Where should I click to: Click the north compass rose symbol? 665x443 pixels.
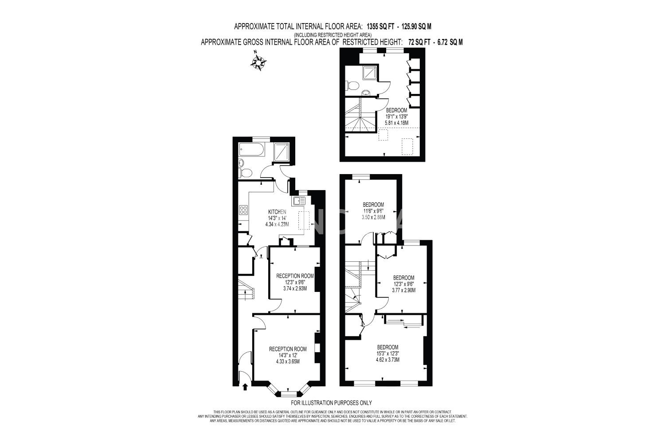coord(258,62)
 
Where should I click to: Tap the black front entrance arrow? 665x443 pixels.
coord(245,387)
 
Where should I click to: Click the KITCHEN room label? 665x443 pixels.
coord(277,212)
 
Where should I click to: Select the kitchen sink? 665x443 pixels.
coord(299,201)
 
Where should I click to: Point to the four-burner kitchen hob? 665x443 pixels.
coord(243,210)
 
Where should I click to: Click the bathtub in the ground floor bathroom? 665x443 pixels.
coord(252,150)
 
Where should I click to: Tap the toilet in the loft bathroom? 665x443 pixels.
coord(352,86)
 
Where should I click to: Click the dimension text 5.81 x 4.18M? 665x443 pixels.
coord(397,123)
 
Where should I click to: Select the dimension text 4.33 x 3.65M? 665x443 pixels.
coord(288,361)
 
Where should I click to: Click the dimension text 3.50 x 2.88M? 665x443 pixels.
coord(373,217)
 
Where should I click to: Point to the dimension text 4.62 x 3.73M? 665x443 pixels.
coord(387,360)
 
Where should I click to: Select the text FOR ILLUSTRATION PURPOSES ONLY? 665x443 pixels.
coord(331,403)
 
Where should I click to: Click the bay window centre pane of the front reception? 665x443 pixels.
coord(289,394)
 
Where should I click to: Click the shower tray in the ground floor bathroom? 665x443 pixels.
coord(282,152)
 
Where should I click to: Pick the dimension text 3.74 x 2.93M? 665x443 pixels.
coord(295,288)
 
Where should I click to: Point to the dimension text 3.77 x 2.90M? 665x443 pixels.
coord(403,290)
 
